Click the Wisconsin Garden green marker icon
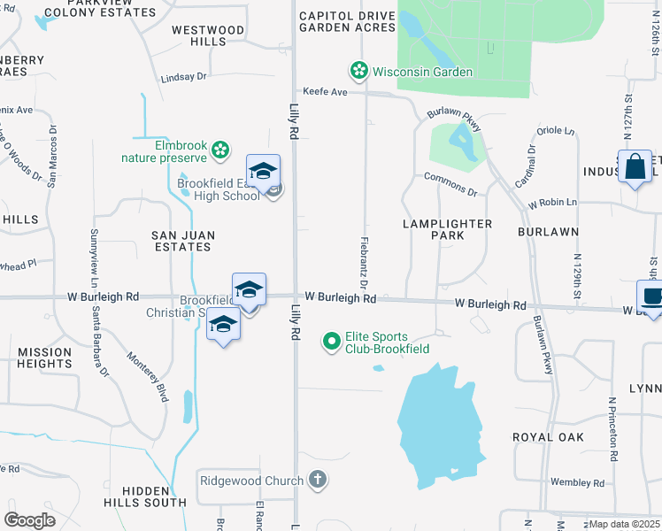(x=359, y=71)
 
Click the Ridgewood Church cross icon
(x=318, y=481)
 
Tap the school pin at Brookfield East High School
(x=263, y=172)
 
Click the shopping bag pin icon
(x=635, y=166)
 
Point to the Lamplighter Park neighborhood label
(x=447, y=230)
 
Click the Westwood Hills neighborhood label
(x=208, y=35)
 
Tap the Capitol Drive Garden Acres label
(x=347, y=21)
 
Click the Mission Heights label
(x=45, y=358)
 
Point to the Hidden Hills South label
(x=155, y=496)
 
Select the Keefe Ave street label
(x=325, y=90)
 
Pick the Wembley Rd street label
(x=576, y=482)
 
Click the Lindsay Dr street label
(x=183, y=77)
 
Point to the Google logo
(x=29, y=520)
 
